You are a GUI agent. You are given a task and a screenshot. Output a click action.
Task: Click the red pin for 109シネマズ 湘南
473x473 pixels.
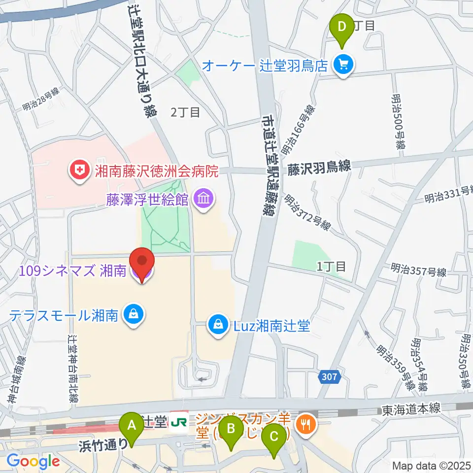point(142,263)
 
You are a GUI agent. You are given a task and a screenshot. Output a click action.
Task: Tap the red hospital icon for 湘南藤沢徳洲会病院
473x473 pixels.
point(79,171)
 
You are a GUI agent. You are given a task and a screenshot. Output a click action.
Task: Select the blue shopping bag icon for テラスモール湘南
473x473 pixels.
point(133,314)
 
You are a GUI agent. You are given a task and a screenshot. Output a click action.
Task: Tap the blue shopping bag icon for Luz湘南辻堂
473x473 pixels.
point(217,325)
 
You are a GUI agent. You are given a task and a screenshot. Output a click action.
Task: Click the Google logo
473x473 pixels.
point(33,461)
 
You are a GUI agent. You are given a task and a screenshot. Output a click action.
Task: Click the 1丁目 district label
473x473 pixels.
point(331,267)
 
